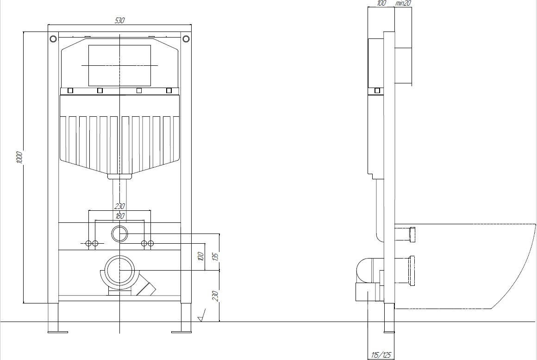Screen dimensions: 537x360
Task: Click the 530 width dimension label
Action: pyautogui.click(x=119, y=20)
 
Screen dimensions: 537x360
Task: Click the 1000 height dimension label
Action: pyautogui.click(x=20, y=158)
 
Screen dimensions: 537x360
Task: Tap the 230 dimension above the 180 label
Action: pyautogui.click(x=119, y=206)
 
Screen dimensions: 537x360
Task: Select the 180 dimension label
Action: pyautogui.click(x=120, y=216)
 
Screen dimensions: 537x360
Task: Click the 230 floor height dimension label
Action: pyautogui.click(x=215, y=296)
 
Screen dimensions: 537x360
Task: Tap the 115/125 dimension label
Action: pyautogui.click(x=381, y=355)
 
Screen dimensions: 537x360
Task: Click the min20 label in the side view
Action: pyautogui.click(x=403, y=3)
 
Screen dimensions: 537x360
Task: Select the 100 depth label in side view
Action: pyautogui.click(x=381, y=3)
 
